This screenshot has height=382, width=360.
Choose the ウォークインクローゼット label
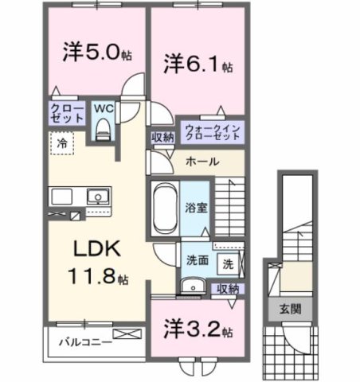point(213,131)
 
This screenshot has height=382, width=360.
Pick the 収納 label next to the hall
point(163,137)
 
